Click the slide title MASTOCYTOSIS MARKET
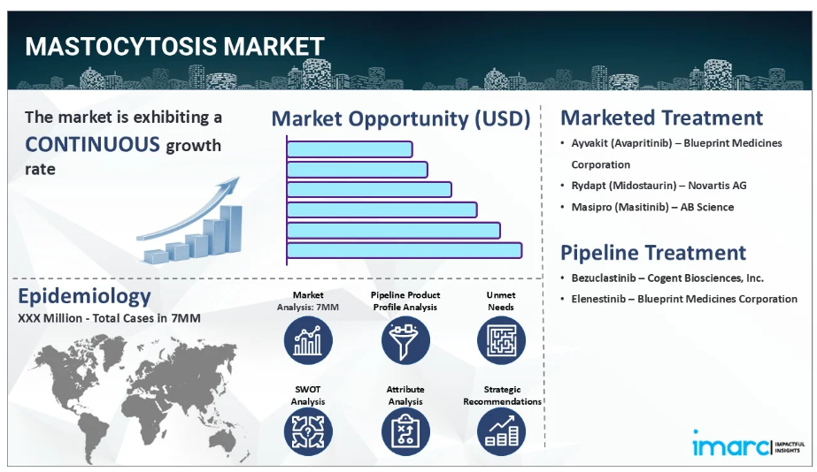tap(174, 46)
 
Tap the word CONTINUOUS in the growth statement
tap(92, 144)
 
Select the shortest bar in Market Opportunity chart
tap(350, 149)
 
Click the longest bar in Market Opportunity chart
tap(405, 250)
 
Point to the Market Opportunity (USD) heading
tap(401, 118)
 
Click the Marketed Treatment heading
tap(661, 118)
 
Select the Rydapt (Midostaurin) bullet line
tap(659, 186)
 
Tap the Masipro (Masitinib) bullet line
tap(652, 207)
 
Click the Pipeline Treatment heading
tap(653, 253)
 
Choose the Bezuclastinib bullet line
tap(667, 278)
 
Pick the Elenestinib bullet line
tap(683, 300)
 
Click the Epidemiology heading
tap(84, 295)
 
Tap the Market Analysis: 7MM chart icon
tap(308, 340)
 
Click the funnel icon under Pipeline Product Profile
tap(405, 340)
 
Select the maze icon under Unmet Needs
tap(501, 340)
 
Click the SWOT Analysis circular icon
tap(308, 432)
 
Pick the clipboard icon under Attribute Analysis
tap(405, 432)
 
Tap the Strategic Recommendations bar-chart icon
tap(501, 432)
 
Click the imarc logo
tap(749, 444)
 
